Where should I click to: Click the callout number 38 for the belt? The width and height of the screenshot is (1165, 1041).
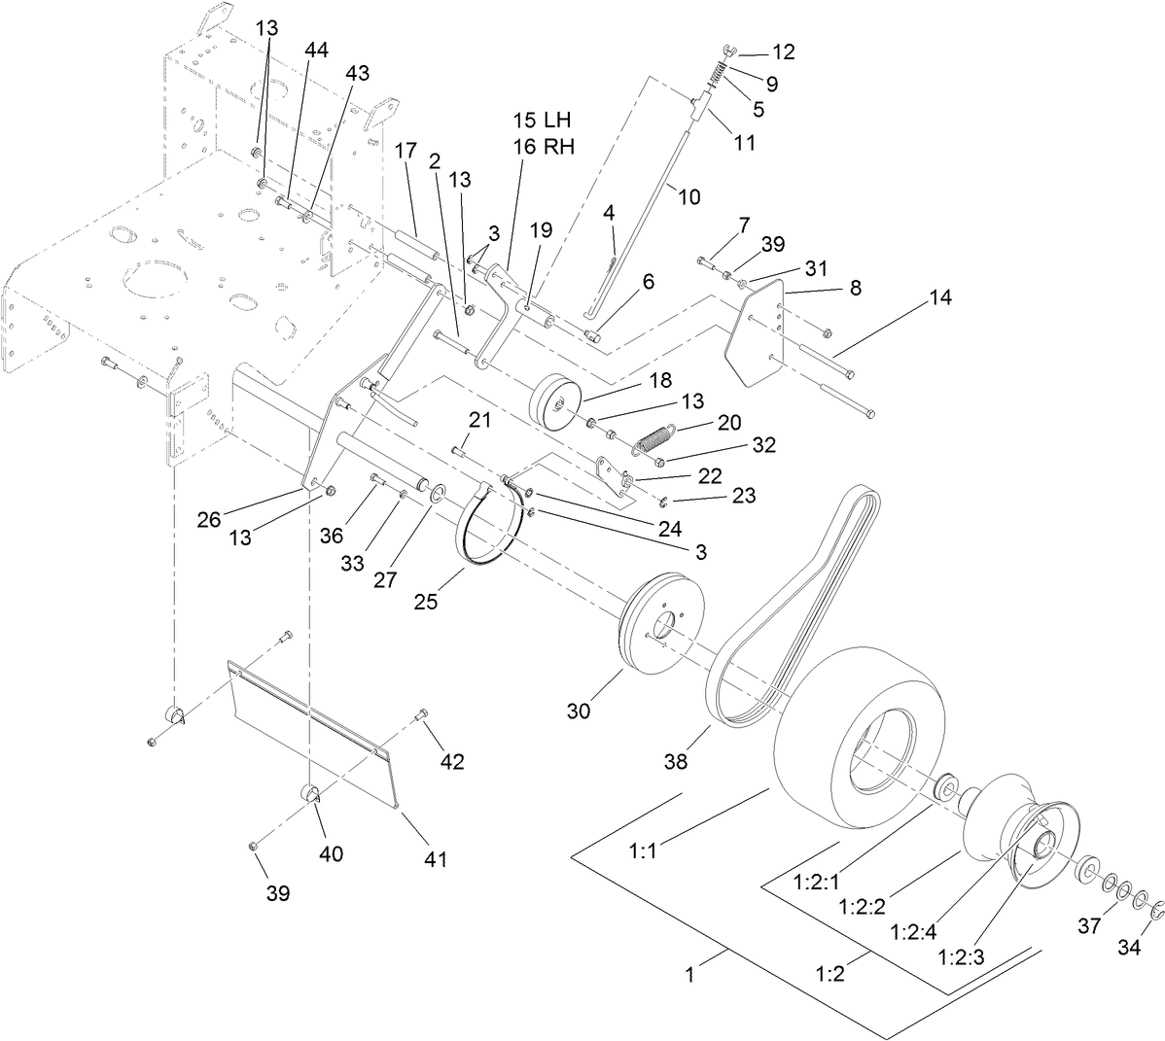[x=675, y=762]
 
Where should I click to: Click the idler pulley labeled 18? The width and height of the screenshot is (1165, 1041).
[x=555, y=400]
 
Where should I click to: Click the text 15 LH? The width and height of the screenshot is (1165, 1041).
[x=543, y=121]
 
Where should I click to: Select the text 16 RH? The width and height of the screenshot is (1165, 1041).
[x=543, y=147]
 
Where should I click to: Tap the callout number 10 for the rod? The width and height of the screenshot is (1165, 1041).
[x=688, y=196]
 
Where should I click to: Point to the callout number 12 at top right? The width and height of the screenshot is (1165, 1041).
[x=783, y=52]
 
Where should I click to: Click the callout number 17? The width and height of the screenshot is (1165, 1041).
[x=406, y=151]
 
